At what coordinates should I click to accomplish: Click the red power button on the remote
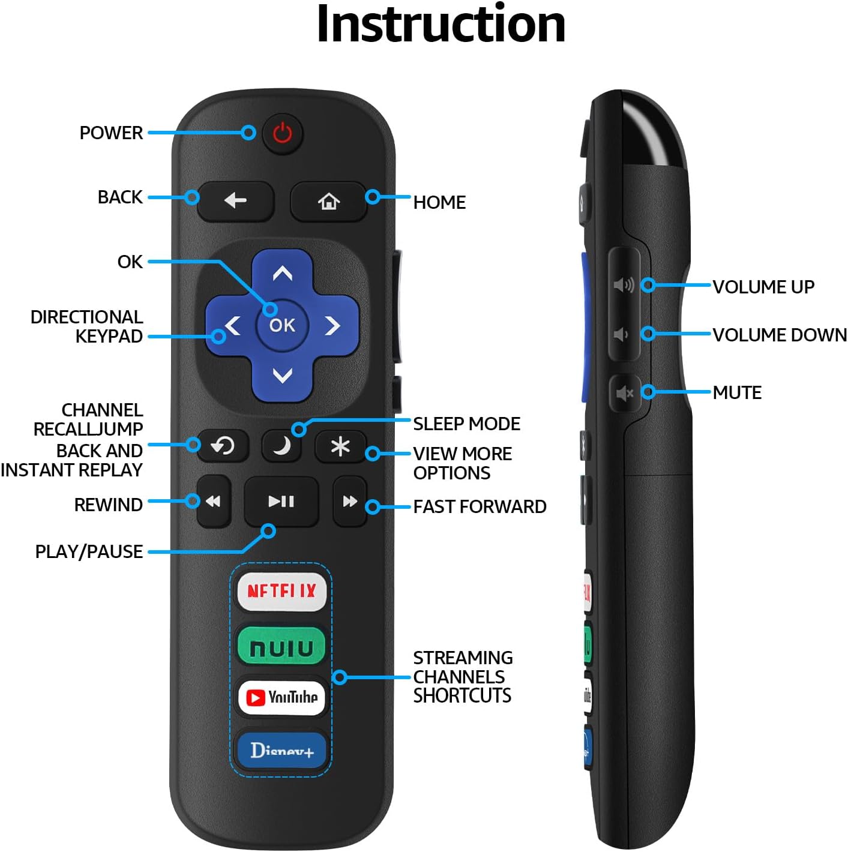click(x=283, y=133)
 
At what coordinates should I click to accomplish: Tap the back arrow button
click(x=235, y=200)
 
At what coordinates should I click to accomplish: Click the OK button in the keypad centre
click(x=282, y=325)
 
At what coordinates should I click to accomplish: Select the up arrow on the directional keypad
click(x=282, y=274)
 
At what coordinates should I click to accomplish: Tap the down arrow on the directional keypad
click(x=282, y=376)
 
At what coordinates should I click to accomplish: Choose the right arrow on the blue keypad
click(x=332, y=326)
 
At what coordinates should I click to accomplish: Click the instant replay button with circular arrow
click(x=223, y=446)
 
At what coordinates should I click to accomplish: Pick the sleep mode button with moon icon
click(x=281, y=446)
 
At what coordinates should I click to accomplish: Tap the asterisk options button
click(x=340, y=446)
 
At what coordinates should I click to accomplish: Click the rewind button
click(x=213, y=502)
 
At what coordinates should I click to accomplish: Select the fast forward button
click(x=350, y=502)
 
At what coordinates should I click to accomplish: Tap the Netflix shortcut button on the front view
click(x=281, y=592)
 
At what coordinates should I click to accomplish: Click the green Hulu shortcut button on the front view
click(x=281, y=647)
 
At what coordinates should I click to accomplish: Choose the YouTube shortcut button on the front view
click(x=281, y=697)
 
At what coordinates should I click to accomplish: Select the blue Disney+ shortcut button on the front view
click(x=281, y=750)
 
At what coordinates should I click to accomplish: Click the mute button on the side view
click(x=624, y=394)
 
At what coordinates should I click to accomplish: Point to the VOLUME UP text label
click(x=763, y=287)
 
